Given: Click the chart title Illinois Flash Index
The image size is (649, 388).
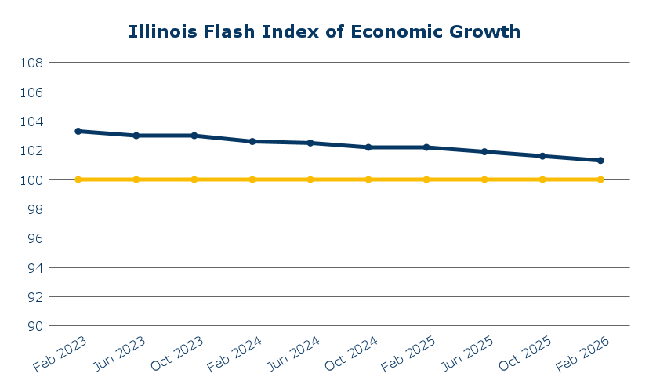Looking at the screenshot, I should tap(324, 32).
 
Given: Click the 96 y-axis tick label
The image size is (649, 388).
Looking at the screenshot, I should tap(32, 238).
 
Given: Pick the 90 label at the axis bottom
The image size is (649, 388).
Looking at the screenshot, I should tap(32, 326).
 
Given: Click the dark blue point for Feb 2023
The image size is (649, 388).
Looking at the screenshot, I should tap(78, 131).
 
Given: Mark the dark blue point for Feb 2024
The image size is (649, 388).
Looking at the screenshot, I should tap(252, 141).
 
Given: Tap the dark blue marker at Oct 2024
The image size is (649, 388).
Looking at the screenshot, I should tap(368, 147).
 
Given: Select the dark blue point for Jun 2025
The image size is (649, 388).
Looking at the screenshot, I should tap(484, 151).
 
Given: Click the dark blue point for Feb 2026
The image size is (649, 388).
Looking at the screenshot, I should tap(600, 161).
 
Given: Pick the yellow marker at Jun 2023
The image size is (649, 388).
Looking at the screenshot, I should tap(136, 179).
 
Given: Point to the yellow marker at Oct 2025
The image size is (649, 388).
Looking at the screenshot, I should tap(542, 179).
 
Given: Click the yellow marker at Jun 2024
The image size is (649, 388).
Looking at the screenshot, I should tap(310, 179).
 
